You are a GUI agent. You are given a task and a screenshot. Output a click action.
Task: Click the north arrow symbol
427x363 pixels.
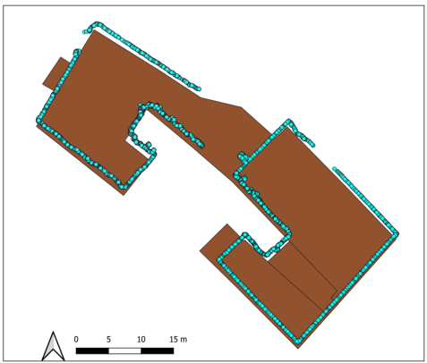53,346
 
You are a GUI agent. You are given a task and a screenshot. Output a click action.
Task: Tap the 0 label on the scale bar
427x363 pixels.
76,339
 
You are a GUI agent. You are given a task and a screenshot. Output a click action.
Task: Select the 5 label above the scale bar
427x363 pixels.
108,339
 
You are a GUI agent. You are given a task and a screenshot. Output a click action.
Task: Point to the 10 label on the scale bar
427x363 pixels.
141,339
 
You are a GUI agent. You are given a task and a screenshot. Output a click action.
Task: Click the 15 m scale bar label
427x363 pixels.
178,339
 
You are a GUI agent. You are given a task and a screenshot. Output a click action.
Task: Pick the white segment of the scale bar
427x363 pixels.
124,350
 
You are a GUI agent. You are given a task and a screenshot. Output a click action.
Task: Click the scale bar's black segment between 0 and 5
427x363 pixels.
92,350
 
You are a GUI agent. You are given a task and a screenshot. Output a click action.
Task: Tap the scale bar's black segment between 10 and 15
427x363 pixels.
158,350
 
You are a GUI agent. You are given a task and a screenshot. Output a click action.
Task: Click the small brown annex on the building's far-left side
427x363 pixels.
56,72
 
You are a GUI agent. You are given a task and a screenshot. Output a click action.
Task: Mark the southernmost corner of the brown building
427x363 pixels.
298,348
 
